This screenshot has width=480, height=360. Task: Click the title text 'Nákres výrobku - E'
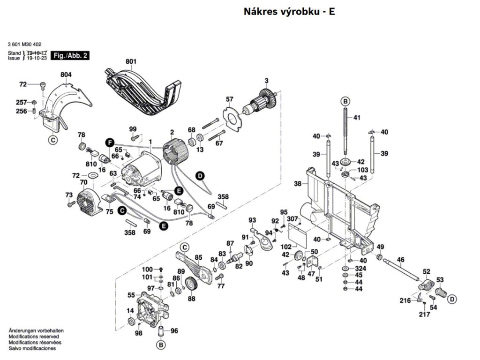coord(289,12)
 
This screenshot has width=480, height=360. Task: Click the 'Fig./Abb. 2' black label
coord(70,55)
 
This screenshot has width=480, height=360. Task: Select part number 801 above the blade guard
coord(130,61)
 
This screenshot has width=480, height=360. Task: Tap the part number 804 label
coord(66,75)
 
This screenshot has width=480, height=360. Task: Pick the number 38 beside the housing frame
coord(298,184)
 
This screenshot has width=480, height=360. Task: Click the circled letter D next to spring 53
coord(452,299)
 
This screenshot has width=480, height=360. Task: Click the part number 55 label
coord(131,295)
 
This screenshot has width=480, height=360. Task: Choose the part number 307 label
coord(292,219)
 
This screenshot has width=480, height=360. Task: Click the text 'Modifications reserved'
coord(33,337)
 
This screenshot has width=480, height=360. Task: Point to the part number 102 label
coord(286,247)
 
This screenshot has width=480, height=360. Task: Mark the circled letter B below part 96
coord(161,345)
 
